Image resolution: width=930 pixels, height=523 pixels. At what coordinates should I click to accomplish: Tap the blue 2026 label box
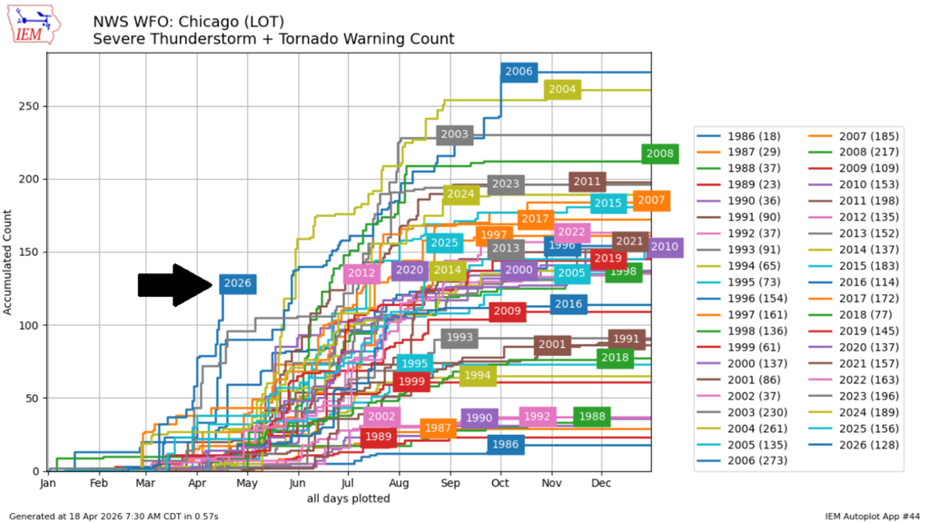237,283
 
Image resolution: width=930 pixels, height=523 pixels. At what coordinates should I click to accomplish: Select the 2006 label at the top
519,72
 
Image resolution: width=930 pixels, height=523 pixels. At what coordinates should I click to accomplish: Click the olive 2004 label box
562,89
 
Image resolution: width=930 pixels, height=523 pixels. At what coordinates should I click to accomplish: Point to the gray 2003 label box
454,134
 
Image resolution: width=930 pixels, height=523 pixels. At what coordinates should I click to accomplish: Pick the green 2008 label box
659,153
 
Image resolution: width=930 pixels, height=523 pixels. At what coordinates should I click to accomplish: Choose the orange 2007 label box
651,201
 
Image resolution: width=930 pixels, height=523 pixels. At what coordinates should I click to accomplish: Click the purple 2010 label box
665,246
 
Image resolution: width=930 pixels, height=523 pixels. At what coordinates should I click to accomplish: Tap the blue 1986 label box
505,444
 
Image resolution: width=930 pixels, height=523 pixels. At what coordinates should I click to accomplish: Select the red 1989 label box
378,437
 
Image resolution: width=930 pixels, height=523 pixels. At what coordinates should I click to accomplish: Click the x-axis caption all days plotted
350,498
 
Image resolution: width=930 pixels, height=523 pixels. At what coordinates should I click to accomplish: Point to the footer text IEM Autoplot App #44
873,516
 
